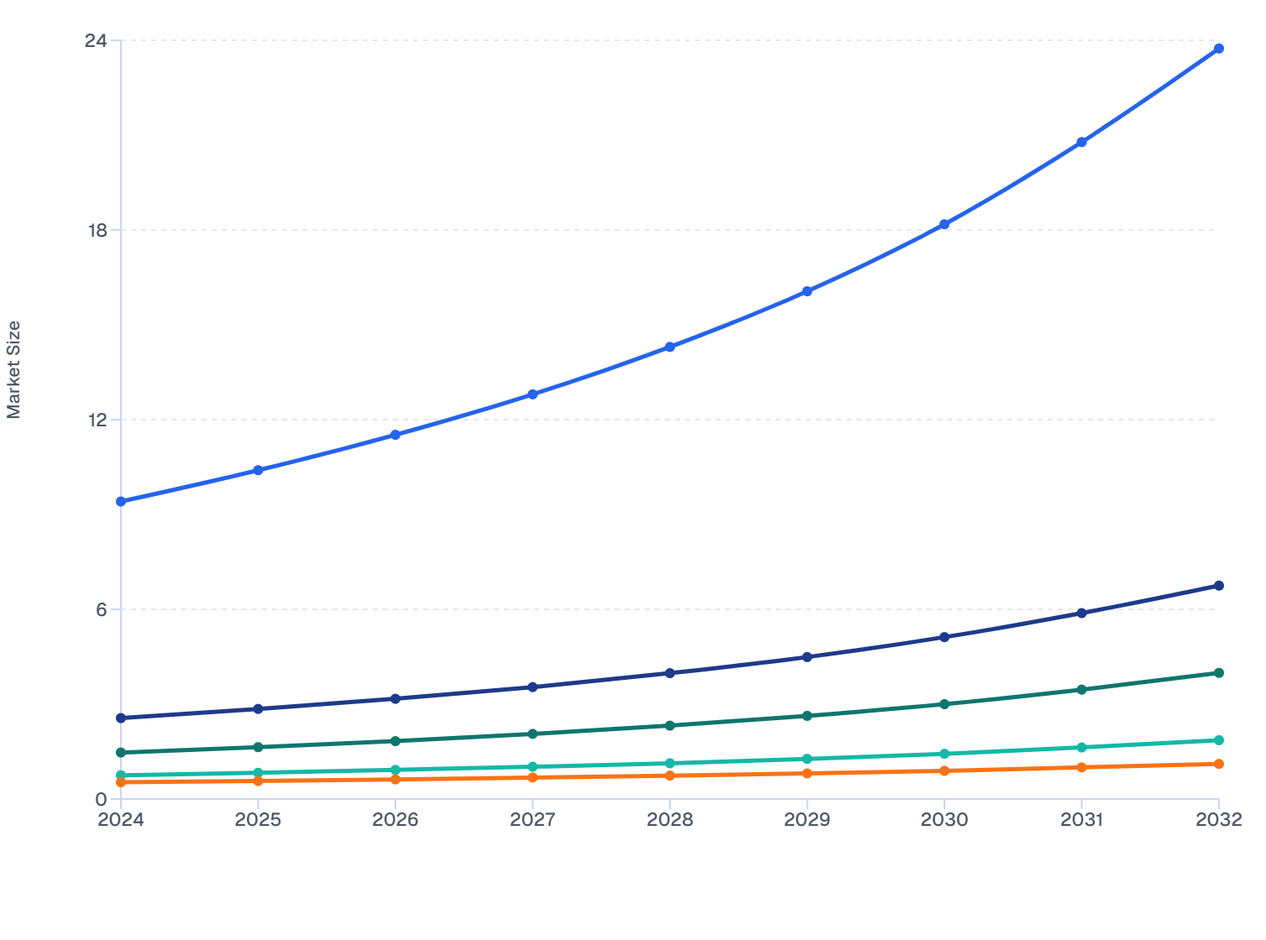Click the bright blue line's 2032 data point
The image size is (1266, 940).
point(1218,49)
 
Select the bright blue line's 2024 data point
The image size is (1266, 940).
point(121,501)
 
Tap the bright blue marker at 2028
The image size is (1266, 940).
point(670,347)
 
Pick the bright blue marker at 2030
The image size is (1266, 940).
point(944,224)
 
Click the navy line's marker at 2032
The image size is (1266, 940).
point(1218,585)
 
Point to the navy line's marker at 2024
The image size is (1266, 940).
point(121,718)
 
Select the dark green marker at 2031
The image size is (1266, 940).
point(1081,689)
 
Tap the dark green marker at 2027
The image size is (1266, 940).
point(532,734)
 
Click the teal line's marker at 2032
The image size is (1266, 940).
point(1218,740)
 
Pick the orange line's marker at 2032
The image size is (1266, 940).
point(1218,764)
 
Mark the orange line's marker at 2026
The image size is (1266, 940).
point(395,779)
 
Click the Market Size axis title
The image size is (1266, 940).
point(13,369)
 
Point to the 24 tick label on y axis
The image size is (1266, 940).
point(97,40)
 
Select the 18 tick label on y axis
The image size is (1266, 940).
point(97,230)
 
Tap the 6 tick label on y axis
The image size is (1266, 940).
point(102,609)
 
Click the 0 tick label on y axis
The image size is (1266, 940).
point(102,799)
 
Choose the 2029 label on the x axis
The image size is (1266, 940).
point(807,820)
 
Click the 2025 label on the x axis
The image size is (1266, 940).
point(258,820)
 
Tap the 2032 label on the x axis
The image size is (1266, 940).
point(1218,820)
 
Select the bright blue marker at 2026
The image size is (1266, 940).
point(395,435)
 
